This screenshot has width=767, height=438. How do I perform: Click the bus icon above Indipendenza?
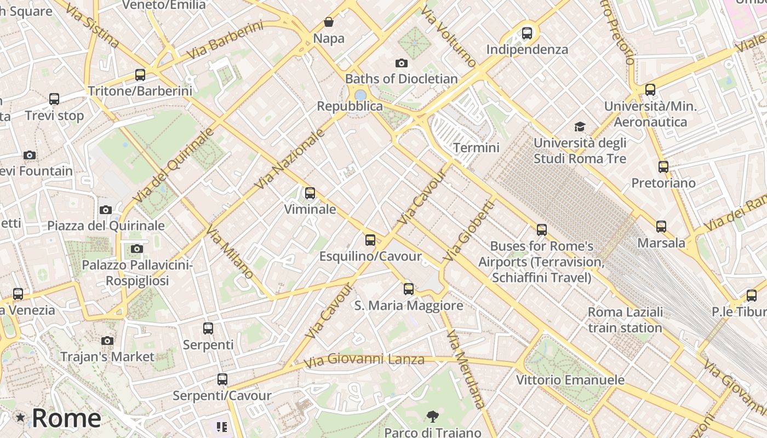pyautogui.click(x=527, y=33)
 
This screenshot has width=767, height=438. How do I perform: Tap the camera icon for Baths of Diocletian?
pyautogui.click(x=402, y=64)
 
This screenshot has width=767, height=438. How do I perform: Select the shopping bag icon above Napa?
pyautogui.click(x=329, y=22)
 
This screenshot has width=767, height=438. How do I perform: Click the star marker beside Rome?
pyautogui.click(x=20, y=418)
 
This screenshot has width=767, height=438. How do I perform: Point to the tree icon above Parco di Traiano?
pyautogui.click(x=432, y=417)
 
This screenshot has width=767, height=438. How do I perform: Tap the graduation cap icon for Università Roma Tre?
pyautogui.click(x=580, y=127)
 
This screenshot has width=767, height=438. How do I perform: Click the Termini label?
pyautogui.click(x=476, y=148)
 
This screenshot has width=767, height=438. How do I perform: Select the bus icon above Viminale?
pyautogui.click(x=310, y=193)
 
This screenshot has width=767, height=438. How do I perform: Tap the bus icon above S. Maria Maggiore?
pyautogui.click(x=409, y=289)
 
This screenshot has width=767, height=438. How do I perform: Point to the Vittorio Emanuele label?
pyautogui.click(x=570, y=380)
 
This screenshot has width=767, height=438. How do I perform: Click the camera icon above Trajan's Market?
pyautogui.click(x=107, y=341)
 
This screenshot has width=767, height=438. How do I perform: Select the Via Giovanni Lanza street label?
pyautogui.click(x=364, y=360)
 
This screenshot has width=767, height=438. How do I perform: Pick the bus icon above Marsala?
pyautogui.click(x=661, y=226)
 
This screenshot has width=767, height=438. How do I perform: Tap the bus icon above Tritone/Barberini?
pyautogui.click(x=140, y=74)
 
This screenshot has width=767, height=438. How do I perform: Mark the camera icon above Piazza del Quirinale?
pyautogui.click(x=106, y=210)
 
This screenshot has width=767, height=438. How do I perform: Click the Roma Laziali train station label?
pyautogui.click(x=625, y=320)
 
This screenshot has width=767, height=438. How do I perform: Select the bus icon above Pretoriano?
pyautogui.click(x=663, y=166)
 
